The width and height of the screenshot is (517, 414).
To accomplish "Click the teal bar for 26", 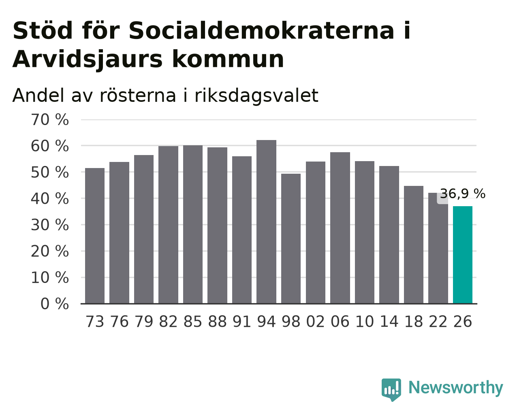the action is (462, 255).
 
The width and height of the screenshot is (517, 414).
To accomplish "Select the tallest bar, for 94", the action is (266, 222).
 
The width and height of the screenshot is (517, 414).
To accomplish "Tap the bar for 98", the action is (291, 239).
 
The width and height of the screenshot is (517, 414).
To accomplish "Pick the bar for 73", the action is (95, 236).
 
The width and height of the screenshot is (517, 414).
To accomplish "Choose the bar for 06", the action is (340, 228).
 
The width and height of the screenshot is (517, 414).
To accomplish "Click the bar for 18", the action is (413, 245).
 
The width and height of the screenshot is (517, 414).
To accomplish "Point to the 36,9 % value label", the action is (462, 194).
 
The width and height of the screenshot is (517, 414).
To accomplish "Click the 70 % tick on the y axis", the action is (50, 120).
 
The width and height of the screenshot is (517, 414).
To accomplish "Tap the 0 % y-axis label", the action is (55, 304).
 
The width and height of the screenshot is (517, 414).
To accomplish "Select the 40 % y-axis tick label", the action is (50, 199).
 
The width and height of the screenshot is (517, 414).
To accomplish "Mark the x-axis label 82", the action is (168, 321).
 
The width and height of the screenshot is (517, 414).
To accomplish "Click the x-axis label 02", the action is (315, 321).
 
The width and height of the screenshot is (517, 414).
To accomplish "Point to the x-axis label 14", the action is (389, 321).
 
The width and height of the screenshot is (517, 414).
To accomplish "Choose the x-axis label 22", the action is (438, 321).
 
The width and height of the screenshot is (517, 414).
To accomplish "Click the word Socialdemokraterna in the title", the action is (261, 30).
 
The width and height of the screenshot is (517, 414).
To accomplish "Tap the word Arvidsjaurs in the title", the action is (88, 60).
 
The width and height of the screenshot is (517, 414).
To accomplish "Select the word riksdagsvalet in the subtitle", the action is (256, 95).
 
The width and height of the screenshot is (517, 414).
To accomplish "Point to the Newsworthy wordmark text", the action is (456, 388).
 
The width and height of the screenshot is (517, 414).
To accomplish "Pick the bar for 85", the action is (193, 224).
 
